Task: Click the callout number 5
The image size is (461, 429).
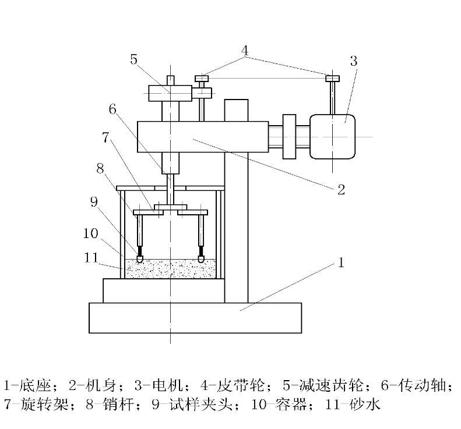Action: (x=134, y=59)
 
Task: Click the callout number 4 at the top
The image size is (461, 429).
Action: (x=245, y=51)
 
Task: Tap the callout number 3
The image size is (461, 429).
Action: (x=354, y=60)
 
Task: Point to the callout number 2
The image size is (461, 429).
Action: (x=342, y=189)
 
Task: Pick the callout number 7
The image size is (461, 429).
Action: (x=105, y=139)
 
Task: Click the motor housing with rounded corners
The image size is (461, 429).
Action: (x=333, y=137)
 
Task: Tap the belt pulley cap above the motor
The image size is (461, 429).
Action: (x=333, y=78)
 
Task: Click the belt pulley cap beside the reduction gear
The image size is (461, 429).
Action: (x=202, y=77)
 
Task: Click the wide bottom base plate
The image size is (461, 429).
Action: (x=195, y=318)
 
